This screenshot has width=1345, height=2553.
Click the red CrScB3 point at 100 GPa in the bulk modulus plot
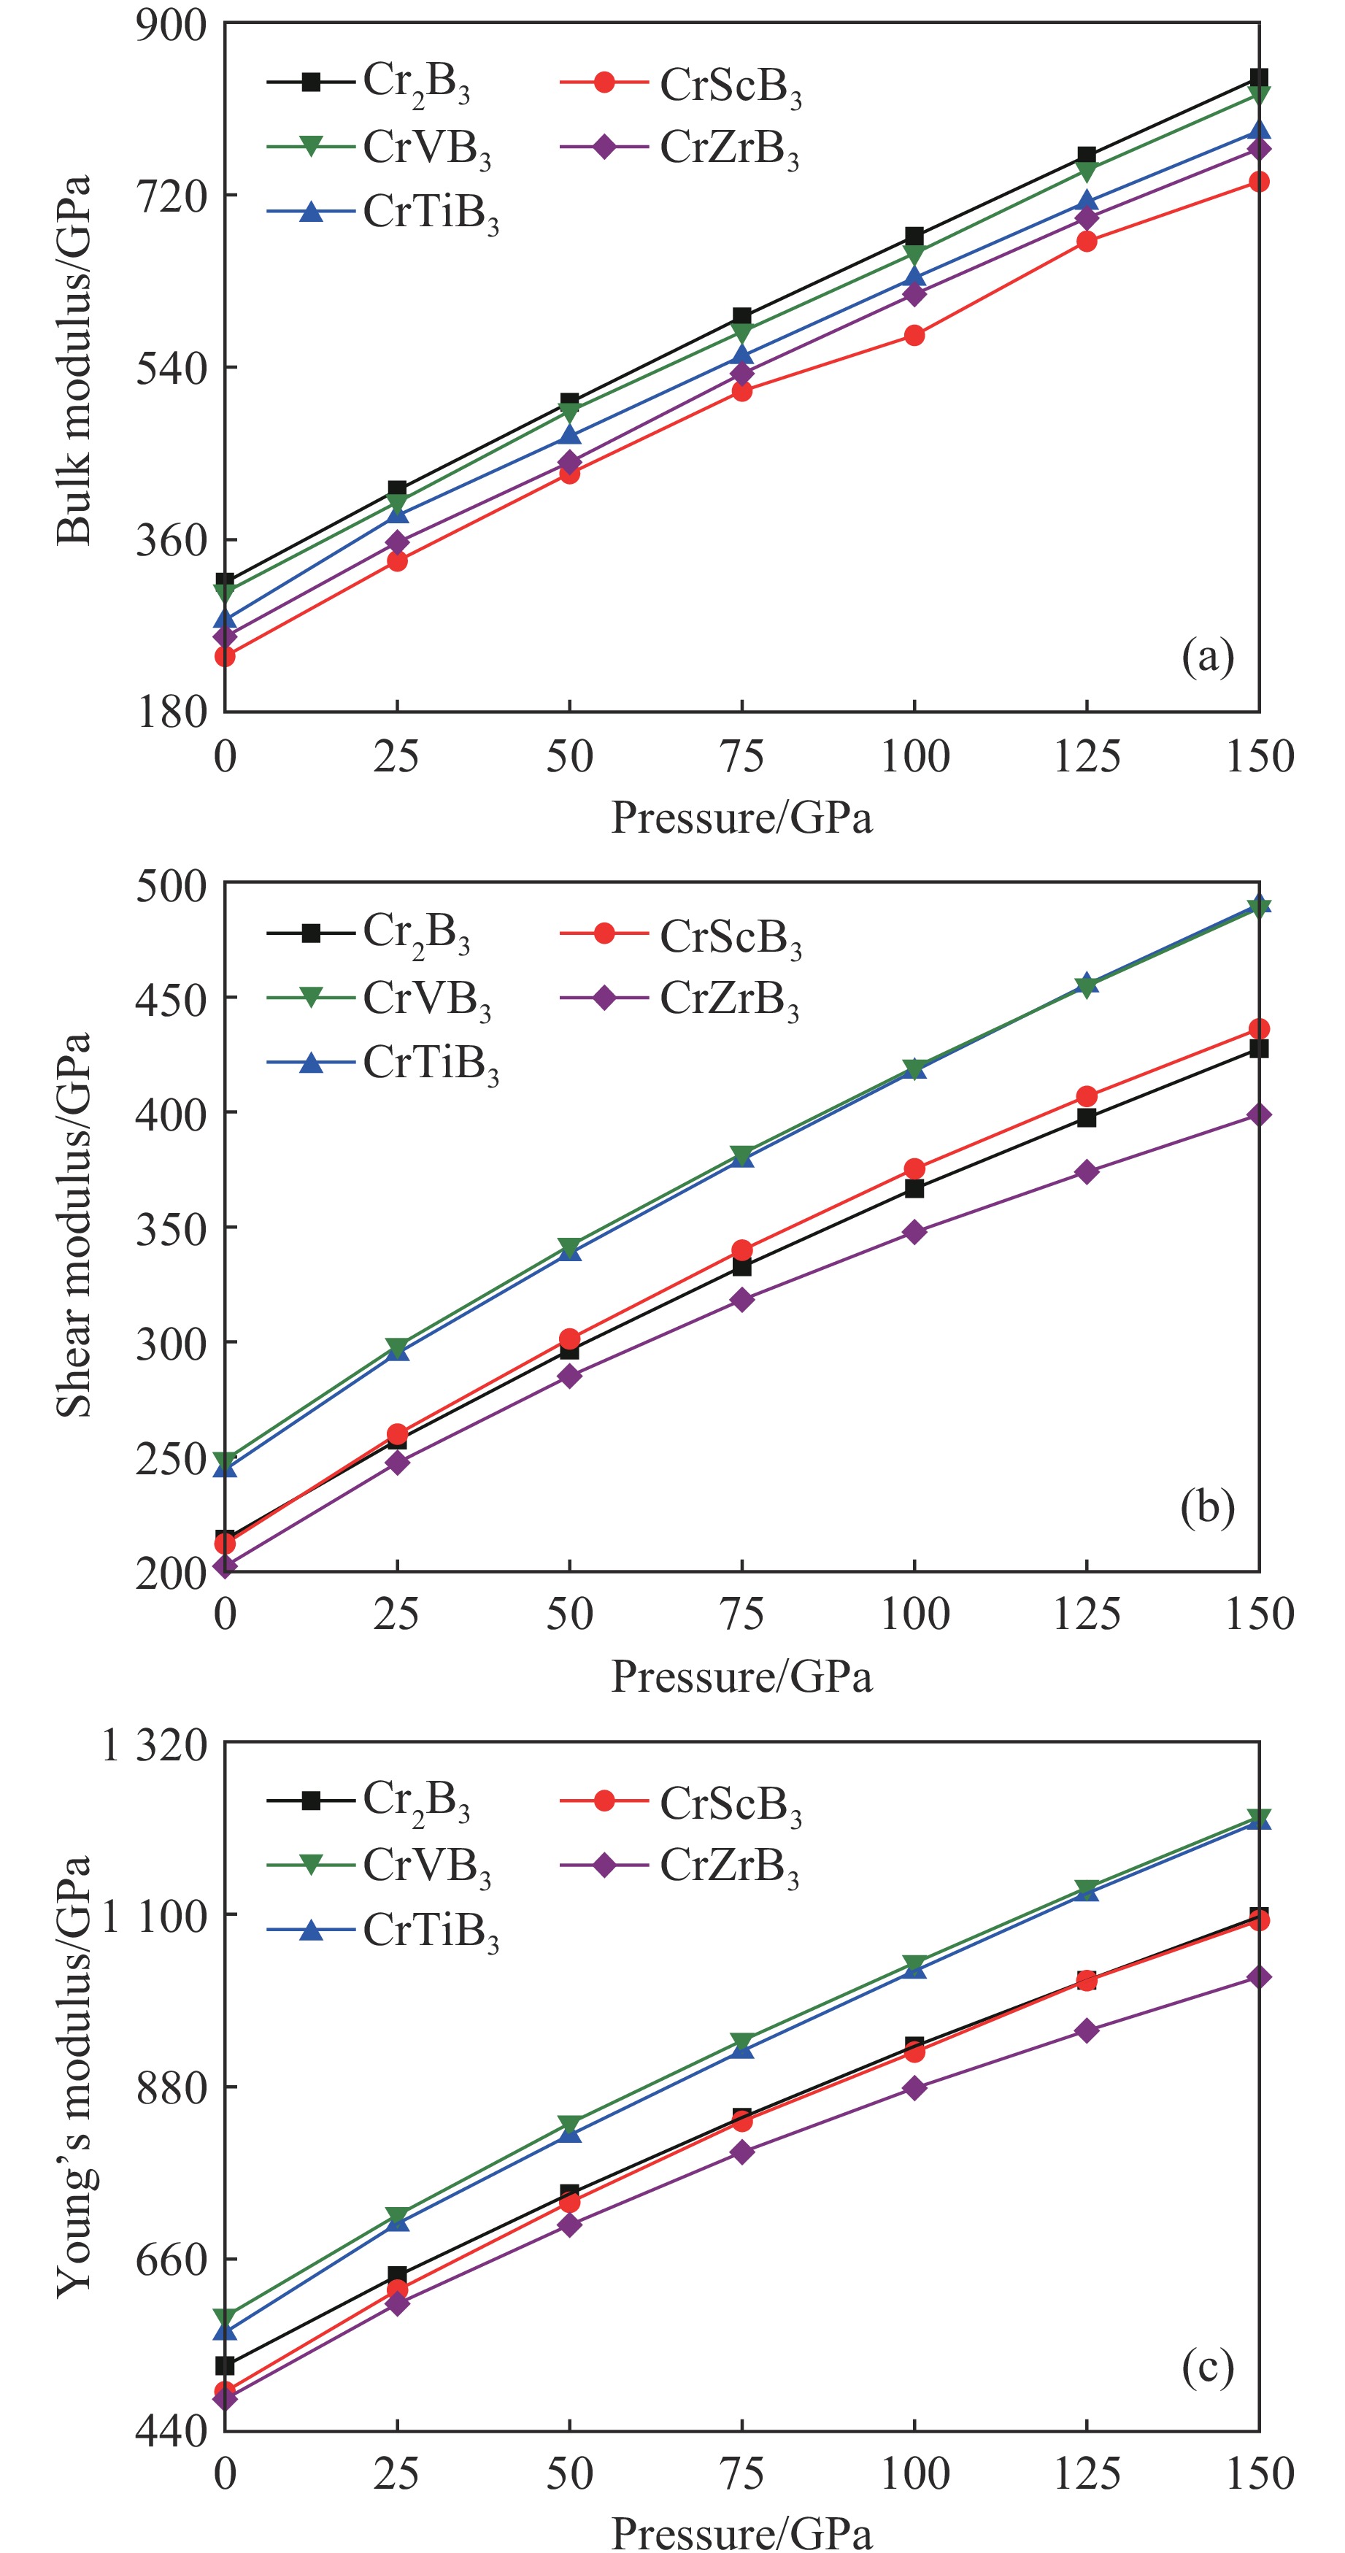coord(914,336)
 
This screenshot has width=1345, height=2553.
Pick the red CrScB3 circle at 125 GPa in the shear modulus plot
coord(1087,1096)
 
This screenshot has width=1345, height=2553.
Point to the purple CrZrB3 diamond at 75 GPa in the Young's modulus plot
coord(741,2152)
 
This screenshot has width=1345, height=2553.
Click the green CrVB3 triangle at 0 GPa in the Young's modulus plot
coord(225,2318)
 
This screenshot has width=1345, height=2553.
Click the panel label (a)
coord(1207,656)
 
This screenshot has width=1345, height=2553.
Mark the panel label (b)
coord(1207,1506)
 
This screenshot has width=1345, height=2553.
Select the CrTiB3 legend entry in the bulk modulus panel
coord(430,213)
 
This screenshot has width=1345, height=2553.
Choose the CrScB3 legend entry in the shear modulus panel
coord(730,936)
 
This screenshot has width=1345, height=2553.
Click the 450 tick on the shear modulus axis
coord(172,998)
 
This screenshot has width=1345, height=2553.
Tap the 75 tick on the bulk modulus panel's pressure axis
coord(741,757)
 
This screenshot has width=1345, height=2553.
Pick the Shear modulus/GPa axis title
coord(74,1225)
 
